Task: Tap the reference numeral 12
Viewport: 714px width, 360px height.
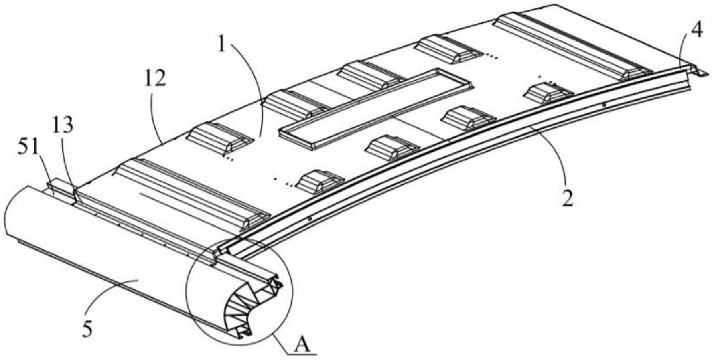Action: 155,79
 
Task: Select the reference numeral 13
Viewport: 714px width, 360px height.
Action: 63,126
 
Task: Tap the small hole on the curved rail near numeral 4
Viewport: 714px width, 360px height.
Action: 604,105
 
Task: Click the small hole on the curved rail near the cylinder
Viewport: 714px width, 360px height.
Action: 309,219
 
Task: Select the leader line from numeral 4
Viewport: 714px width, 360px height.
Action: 684,52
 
